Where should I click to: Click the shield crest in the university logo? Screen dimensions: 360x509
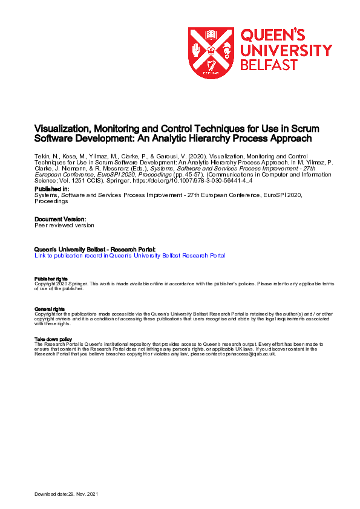[x=212, y=53]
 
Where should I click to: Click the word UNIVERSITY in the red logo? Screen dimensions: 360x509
[x=286, y=50]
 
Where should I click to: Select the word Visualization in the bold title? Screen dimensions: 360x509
[x=62, y=129]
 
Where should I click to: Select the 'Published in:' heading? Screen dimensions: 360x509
[x=51, y=189]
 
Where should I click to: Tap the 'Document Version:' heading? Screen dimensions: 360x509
[x=60, y=219]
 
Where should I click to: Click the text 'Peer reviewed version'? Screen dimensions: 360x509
[x=64, y=225]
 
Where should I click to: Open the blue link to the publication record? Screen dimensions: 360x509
[x=130, y=256]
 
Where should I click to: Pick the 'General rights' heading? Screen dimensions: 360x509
[x=48, y=309]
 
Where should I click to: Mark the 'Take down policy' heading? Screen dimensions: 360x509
[x=53, y=339]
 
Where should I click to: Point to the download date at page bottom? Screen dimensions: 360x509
[x=65, y=494]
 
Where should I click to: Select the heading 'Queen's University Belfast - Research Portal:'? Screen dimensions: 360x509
[x=95, y=249]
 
